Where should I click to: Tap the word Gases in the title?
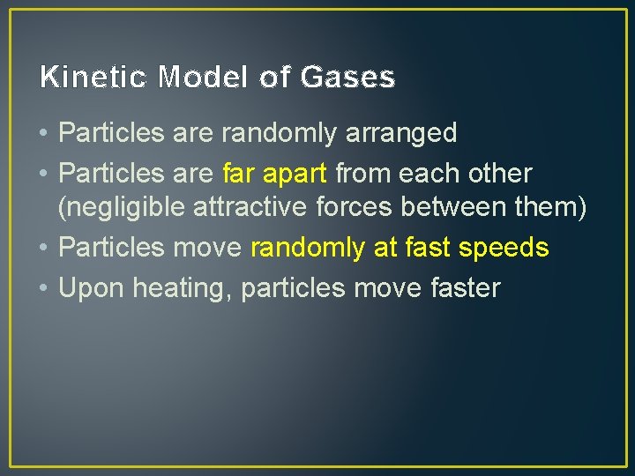(x=347, y=78)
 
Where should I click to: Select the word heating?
(x=176, y=287)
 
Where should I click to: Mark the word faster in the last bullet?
(x=457, y=287)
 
